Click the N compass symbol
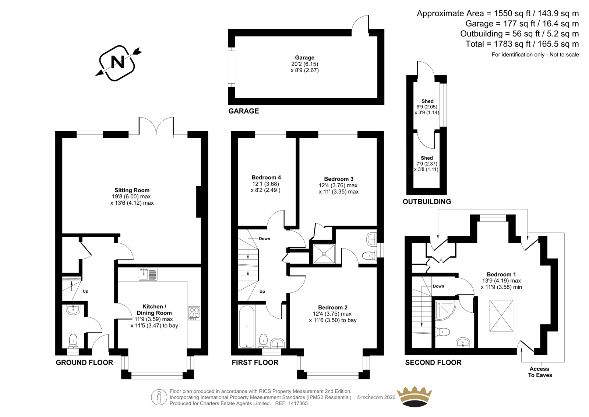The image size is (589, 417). point(118,63)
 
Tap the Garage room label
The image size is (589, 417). point(304,58)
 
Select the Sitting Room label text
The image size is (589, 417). point(132,190)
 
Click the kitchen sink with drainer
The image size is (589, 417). point(148,274)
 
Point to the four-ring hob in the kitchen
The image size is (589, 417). point(194,313)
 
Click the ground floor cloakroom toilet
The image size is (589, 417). point(73,341)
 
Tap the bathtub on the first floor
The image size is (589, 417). point(247,326)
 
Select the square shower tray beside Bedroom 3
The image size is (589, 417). point(324,254)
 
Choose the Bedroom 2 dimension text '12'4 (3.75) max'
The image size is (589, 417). point(332,314)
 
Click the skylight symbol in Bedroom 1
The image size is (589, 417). point(501,316)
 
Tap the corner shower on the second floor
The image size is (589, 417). point(445,311)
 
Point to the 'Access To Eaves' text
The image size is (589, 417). point(540,372)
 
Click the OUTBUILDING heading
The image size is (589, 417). point(427,202)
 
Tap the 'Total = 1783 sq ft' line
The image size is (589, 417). point(522,44)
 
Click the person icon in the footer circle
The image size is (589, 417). point(159,397)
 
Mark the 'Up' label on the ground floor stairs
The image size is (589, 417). point(85,291)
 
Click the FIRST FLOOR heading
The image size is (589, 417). point(255,362)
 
